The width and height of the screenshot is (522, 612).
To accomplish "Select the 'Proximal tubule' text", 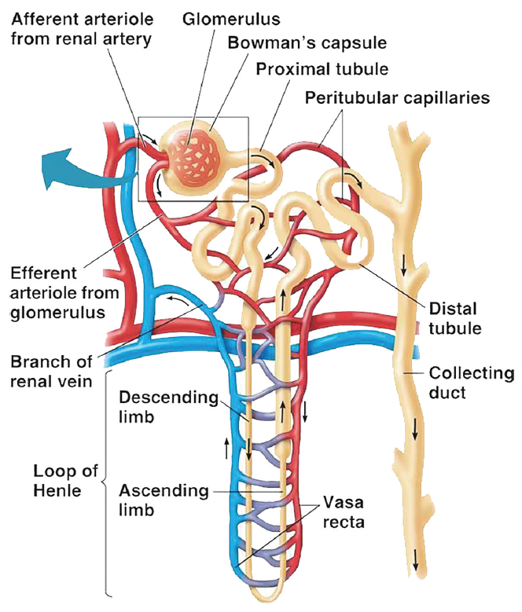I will pyautogui.click(x=322, y=69).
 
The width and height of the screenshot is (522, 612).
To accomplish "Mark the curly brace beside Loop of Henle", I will pyautogui.click(x=107, y=481).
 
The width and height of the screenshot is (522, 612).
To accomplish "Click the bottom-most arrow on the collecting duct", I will pyautogui.click(x=414, y=559).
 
